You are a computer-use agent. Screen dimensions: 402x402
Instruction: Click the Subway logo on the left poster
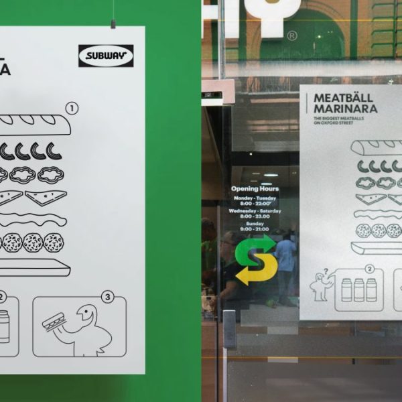coord(106,56)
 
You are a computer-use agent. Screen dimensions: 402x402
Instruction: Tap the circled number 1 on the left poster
coord(72,107)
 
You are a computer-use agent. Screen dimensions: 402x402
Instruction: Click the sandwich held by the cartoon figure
coord(53,324)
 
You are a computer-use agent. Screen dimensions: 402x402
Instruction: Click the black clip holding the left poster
coord(113,23)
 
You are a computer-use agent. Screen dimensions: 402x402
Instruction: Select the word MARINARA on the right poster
coord(346,109)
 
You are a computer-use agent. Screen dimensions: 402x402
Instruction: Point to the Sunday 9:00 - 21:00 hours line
coord(254,226)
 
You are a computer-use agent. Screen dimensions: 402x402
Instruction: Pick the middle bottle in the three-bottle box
coord(358,290)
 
